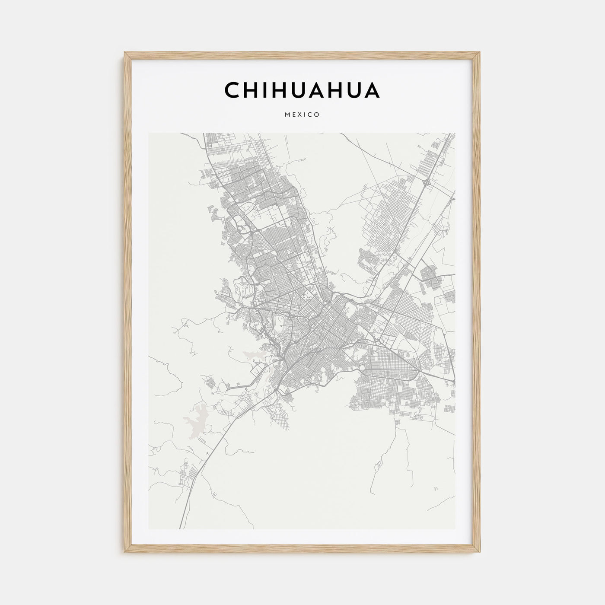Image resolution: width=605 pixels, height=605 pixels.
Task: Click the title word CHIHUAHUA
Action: point(302,90)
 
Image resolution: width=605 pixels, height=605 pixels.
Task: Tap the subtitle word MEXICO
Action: point(302,115)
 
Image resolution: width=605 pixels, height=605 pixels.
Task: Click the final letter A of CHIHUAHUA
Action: point(372,90)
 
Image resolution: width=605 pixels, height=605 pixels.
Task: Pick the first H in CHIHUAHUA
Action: point(251,90)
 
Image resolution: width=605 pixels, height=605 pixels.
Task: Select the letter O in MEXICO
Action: point(317,115)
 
